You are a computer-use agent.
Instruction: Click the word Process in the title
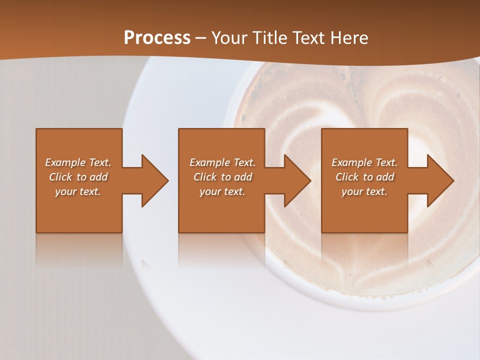tap(157, 37)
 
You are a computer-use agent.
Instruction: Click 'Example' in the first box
tap(65, 162)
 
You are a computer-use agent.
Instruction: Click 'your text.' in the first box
tap(78, 191)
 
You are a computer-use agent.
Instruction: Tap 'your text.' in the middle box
tap(222, 191)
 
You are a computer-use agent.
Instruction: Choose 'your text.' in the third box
tap(364, 191)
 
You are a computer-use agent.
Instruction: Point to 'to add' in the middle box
tap(236, 177)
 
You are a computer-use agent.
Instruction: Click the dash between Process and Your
tap(201, 38)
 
